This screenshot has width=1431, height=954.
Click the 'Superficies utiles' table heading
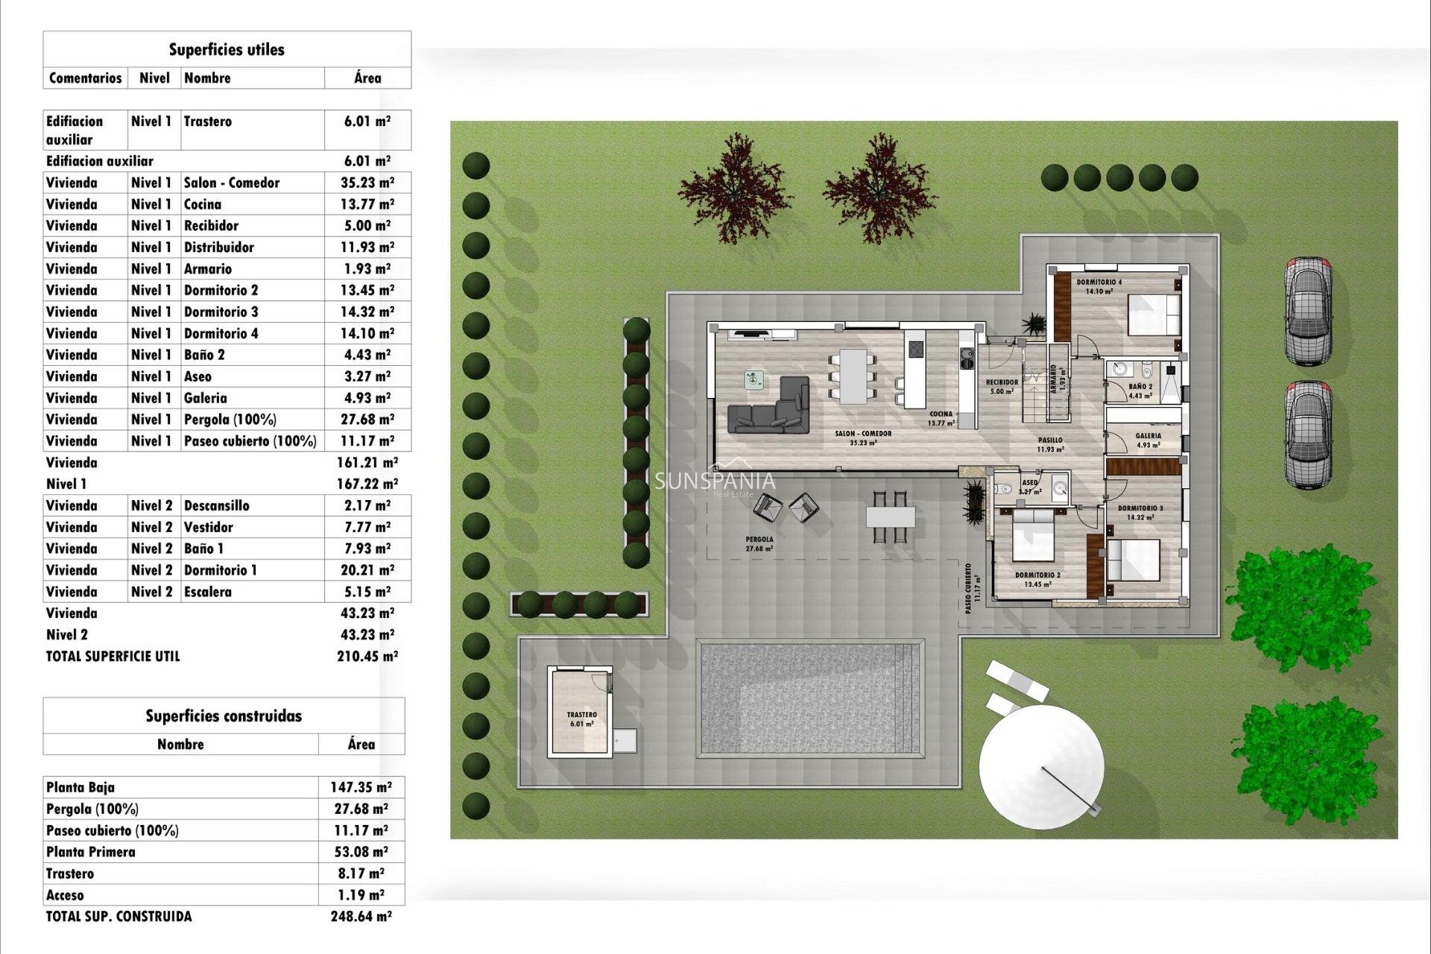tap(227, 50)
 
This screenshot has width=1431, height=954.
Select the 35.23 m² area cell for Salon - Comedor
tap(367, 183)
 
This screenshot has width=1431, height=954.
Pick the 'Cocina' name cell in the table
tap(203, 204)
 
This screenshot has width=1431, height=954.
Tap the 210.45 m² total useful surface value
tap(367, 657)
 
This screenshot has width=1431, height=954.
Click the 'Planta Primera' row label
tap(91, 852)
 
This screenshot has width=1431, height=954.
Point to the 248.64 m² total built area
tap(361, 917)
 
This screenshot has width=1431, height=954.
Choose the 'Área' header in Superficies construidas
tap(361, 744)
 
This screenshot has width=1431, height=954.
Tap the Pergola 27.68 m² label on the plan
tap(759, 543)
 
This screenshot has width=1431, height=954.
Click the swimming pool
tap(809, 698)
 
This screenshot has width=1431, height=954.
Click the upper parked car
tap(1307, 311)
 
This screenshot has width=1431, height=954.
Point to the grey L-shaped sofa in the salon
tap(771, 409)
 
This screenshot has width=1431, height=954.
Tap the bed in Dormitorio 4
tap(1154, 315)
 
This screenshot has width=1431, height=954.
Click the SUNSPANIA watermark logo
tap(715, 481)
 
